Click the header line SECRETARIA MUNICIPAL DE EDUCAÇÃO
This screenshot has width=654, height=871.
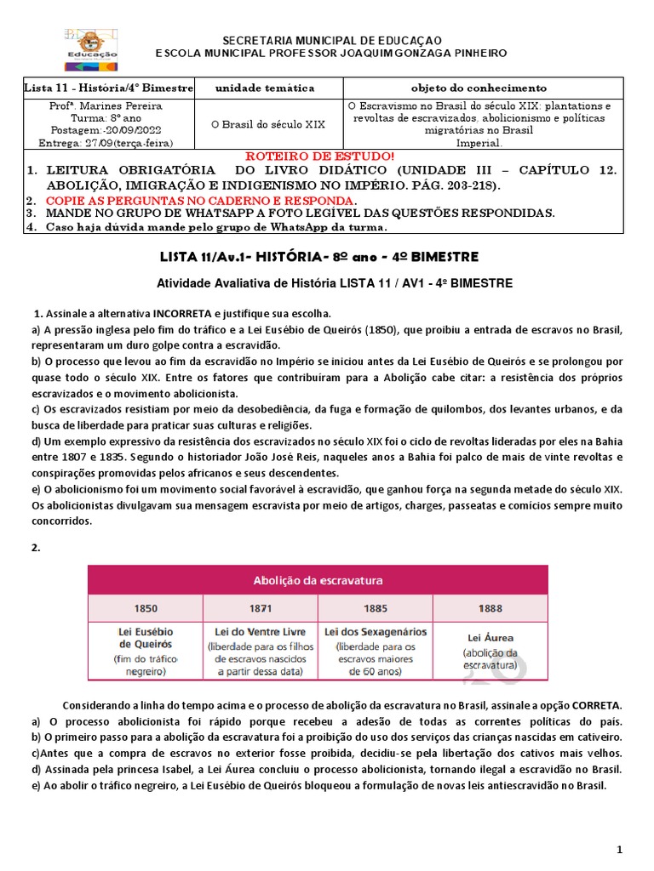pos(331,40)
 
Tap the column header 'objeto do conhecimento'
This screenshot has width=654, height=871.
pos(479,88)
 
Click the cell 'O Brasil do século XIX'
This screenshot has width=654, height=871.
pos(268,124)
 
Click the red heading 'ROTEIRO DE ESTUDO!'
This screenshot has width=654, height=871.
pos(319,157)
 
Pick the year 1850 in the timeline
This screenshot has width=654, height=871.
pos(146,609)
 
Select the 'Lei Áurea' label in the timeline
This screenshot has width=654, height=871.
pos(490,636)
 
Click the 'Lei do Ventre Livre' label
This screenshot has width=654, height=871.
pos(260,632)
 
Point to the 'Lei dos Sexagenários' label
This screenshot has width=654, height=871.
pos(375,632)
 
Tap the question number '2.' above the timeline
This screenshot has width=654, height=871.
pos(36,548)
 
